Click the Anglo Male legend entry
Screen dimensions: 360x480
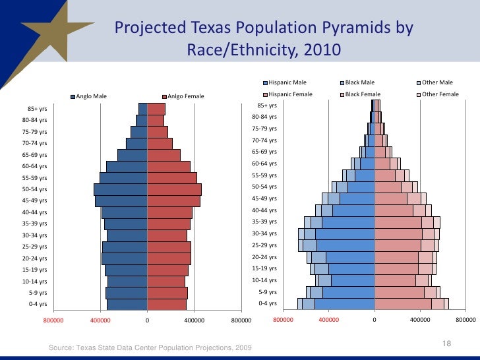(91, 97)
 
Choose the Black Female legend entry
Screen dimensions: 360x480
(363, 94)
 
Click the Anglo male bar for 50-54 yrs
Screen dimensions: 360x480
(121, 189)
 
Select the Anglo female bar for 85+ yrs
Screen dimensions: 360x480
(156, 109)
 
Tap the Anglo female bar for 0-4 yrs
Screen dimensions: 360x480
(167, 305)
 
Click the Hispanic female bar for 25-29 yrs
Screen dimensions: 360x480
(398, 245)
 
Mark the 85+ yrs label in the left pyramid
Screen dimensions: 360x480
(37, 109)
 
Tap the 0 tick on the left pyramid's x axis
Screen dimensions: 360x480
(147, 320)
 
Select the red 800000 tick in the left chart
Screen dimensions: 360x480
(53, 320)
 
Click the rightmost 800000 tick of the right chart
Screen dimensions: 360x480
(465, 320)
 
